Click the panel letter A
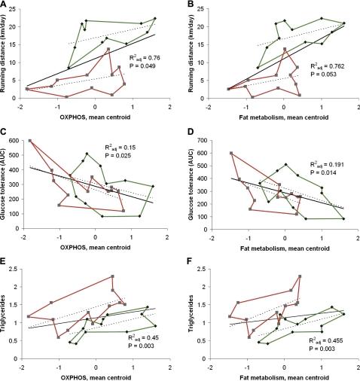[5, 5]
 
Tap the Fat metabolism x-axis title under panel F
[282, 375]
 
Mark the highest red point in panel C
[30, 141]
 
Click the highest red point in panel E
[112, 276]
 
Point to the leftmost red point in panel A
[27, 89]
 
